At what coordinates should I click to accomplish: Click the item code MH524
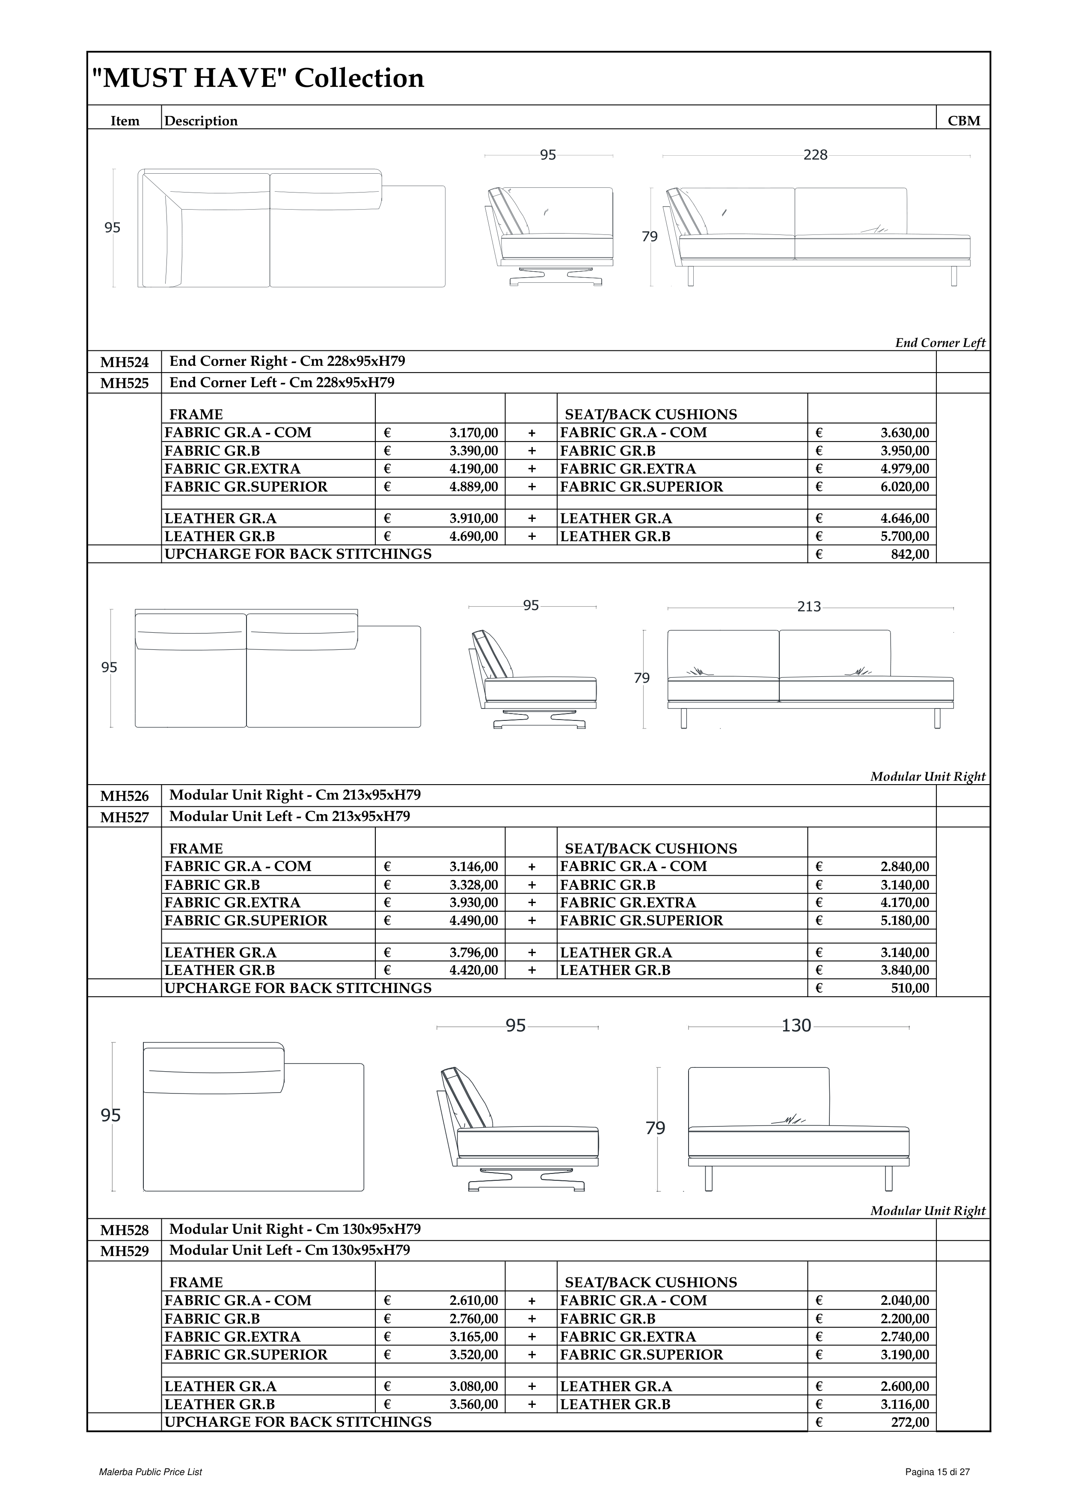click(x=125, y=362)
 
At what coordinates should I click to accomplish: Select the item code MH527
click(x=125, y=818)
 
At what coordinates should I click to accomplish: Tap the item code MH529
click(x=125, y=1251)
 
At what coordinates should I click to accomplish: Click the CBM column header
click(x=964, y=121)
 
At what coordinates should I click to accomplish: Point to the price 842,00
click(x=910, y=554)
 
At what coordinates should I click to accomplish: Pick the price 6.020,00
click(x=905, y=487)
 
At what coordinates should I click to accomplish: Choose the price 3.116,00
click(x=905, y=1404)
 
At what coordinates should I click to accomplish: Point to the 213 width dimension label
click(x=809, y=607)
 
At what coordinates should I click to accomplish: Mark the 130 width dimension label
click(x=796, y=1026)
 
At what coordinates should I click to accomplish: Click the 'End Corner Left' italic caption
click(x=940, y=343)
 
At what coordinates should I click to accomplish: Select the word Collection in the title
click(x=359, y=78)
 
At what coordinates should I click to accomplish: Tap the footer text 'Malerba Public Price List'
click(x=150, y=1472)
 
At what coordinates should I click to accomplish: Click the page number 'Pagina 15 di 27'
click(x=937, y=1472)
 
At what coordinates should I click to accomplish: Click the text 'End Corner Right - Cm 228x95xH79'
click(x=287, y=361)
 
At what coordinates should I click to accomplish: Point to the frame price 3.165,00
click(x=474, y=1336)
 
